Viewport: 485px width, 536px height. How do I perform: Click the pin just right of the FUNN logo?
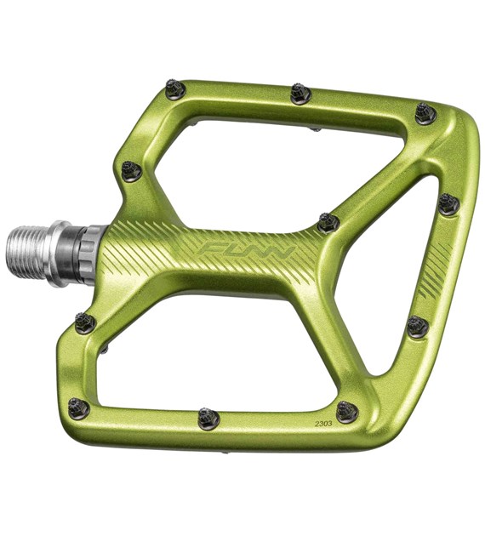328,223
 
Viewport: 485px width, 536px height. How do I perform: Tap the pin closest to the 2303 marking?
346,412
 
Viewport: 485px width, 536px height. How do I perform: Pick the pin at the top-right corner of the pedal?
425,112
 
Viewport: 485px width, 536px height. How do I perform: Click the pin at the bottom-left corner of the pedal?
79,409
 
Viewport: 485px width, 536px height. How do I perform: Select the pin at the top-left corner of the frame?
175,89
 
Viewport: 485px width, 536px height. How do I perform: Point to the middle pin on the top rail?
300,93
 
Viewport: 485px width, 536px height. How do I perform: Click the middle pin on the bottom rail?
208,418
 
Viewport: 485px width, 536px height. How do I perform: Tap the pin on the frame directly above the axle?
131,170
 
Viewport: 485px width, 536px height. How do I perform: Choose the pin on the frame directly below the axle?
85,322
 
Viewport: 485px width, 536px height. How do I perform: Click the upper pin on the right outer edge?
448,204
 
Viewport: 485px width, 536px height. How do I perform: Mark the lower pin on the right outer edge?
417,326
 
